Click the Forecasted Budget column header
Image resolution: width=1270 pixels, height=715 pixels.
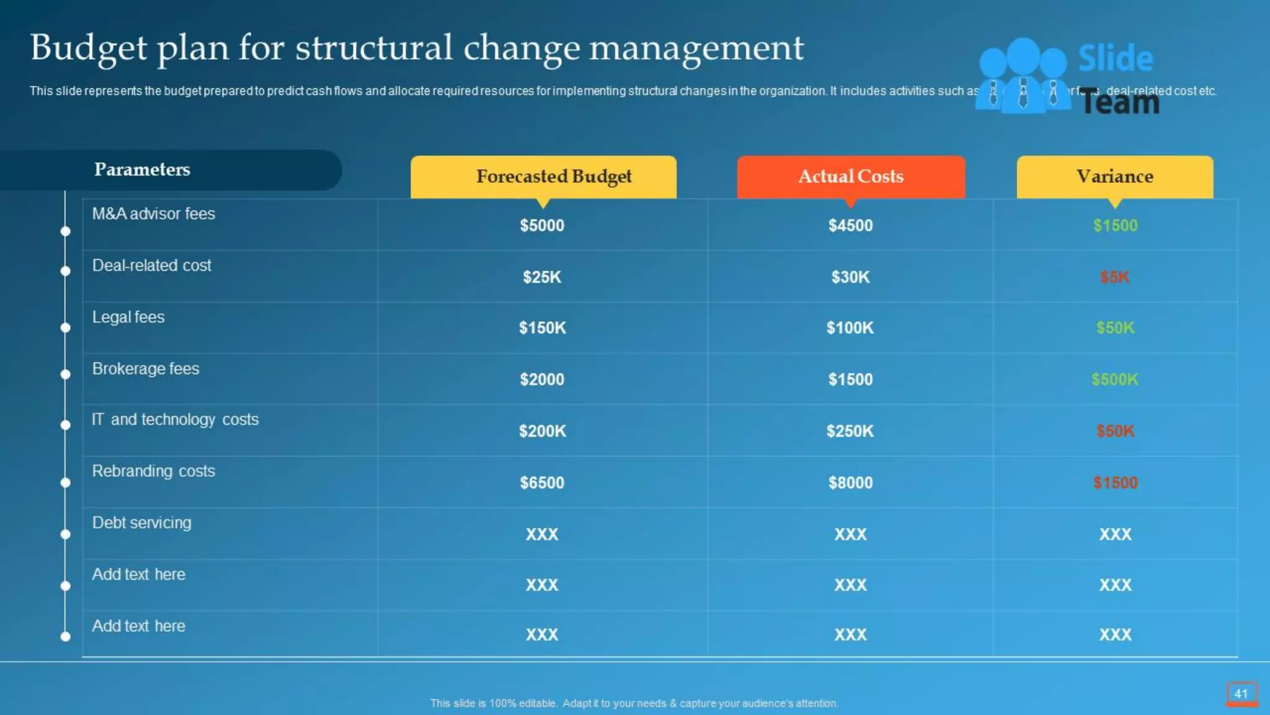[x=553, y=176]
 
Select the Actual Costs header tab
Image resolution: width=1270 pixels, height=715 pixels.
[x=850, y=176]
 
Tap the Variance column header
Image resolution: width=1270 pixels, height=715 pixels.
[x=1114, y=176]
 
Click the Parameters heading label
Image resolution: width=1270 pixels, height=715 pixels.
[x=142, y=169]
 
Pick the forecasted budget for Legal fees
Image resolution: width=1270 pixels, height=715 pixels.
[x=542, y=328]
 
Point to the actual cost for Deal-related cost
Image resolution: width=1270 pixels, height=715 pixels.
[x=850, y=277]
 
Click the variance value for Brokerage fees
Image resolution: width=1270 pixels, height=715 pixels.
[x=1114, y=379]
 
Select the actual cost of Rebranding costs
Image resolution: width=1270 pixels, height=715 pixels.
[x=850, y=482]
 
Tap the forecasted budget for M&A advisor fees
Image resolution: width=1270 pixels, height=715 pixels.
[x=542, y=225]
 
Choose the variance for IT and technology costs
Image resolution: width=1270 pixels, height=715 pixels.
[x=1114, y=431]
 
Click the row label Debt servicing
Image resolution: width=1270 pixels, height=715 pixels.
[x=141, y=523]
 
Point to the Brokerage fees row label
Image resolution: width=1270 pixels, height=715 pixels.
[x=146, y=369]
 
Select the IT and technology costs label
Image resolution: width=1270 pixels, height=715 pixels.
[x=175, y=420]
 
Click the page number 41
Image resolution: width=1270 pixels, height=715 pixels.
[x=1241, y=694]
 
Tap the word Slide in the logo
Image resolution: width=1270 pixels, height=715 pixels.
[x=1116, y=58]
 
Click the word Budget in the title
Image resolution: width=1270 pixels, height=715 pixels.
[x=89, y=48]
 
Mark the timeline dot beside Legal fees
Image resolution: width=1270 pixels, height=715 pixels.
[x=65, y=328]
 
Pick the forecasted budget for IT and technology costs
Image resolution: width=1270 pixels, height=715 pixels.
[x=542, y=431]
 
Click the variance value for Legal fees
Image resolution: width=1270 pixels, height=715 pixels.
[x=1114, y=328]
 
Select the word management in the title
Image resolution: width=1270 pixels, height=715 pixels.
[x=696, y=48]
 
